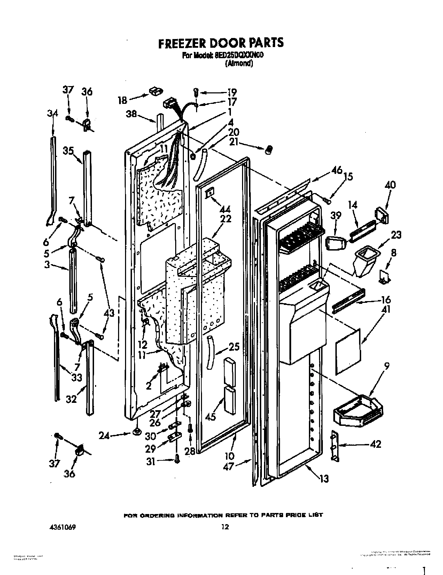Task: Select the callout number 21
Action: (x=235, y=142)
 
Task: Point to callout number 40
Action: (x=390, y=185)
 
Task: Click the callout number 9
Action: (x=387, y=366)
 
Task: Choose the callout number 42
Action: (x=375, y=444)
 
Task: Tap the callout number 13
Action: (x=324, y=479)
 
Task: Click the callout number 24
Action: (x=104, y=435)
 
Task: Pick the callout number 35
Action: (x=68, y=151)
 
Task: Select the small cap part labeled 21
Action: (x=269, y=149)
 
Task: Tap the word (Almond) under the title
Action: (x=239, y=63)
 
